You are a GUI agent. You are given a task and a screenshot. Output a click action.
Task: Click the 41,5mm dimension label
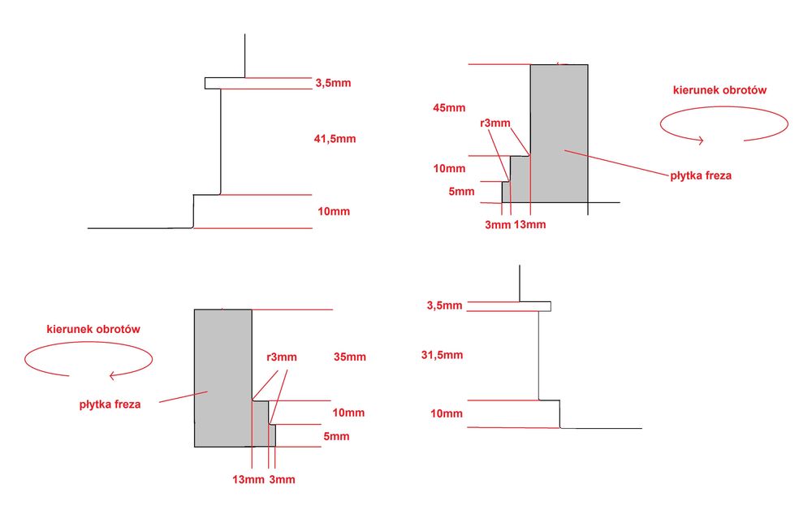pos(335,139)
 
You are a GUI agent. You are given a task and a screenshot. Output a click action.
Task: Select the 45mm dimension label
pos(449,107)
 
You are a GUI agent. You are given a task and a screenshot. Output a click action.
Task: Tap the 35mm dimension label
pos(349,357)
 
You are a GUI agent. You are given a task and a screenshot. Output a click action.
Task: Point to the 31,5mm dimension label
pos(443,355)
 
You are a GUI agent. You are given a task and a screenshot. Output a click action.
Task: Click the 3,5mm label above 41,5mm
pos(333,83)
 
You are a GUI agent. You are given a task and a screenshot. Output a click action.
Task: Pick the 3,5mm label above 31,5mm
pos(443,305)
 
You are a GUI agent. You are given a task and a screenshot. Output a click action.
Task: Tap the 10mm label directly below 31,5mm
pos(447,413)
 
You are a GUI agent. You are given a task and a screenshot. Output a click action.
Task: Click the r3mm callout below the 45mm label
pos(495,123)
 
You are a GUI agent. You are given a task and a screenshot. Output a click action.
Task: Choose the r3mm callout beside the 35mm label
pos(282,357)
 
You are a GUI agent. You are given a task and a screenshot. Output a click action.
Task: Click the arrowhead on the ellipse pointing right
pos(700,140)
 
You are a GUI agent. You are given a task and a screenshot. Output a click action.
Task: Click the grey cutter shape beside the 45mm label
pos(559,134)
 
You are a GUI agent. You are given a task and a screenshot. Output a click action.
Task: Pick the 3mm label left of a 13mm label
pos(497,224)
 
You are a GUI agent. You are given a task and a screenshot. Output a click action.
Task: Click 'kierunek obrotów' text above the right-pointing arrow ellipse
pos(719,90)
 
